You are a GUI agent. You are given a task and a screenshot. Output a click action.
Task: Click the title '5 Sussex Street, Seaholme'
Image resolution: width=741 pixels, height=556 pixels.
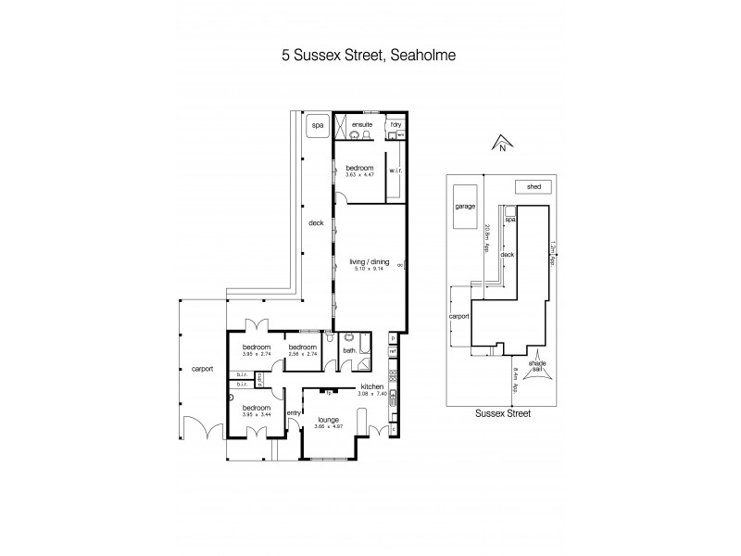370,55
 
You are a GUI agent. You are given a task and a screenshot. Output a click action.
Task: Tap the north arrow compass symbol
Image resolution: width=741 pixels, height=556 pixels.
500,143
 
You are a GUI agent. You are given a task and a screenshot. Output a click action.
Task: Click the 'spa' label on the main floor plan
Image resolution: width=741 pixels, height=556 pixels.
317,124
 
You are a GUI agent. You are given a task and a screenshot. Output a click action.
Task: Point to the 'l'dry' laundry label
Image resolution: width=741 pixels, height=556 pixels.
396,123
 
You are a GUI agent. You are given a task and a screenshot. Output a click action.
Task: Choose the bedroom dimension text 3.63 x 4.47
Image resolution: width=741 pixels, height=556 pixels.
358,174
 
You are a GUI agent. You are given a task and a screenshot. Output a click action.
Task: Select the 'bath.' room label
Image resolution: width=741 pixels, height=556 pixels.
348,350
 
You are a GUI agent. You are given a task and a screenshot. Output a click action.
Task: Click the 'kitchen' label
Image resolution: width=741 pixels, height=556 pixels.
371,389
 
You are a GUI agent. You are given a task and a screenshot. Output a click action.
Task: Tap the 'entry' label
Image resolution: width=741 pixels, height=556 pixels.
294,412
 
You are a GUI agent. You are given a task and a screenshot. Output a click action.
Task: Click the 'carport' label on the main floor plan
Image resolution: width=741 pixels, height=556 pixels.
201,368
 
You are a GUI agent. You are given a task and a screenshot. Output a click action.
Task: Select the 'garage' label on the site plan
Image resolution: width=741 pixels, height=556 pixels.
464,207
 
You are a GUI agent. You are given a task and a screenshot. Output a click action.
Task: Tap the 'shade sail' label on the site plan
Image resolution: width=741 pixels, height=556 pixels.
536,368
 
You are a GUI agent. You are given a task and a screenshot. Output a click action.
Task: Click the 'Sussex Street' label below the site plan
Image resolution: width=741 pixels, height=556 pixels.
503,414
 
